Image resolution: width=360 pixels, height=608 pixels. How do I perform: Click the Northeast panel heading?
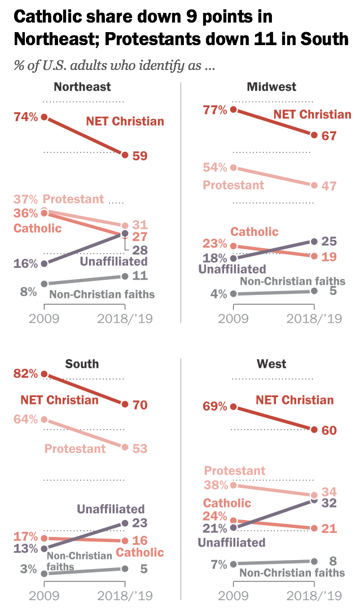[82, 87]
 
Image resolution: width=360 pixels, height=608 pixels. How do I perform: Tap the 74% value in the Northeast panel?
[27, 117]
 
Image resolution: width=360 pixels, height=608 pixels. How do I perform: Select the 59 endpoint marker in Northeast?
[124, 155]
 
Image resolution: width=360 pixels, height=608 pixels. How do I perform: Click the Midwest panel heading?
[271, 87]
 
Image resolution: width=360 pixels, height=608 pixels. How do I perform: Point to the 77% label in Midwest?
[214, 109]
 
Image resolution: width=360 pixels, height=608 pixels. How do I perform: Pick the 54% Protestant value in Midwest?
[215, 168]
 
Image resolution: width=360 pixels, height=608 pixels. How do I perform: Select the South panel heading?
[82, 364]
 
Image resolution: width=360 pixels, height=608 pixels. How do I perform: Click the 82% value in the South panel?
[27, 374]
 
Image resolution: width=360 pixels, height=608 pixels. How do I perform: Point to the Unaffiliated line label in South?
[111, 509]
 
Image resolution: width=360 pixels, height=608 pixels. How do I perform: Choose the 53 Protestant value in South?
[140, 448]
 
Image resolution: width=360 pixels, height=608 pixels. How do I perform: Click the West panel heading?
[271, 364]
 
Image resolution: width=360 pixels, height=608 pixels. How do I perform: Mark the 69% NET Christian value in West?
[215, 407]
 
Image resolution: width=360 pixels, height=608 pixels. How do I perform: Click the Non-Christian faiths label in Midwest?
[292, 281]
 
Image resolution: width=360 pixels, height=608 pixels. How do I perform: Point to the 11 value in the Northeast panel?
[139, 276]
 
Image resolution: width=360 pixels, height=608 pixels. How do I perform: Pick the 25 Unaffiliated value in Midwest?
[328, 241]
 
